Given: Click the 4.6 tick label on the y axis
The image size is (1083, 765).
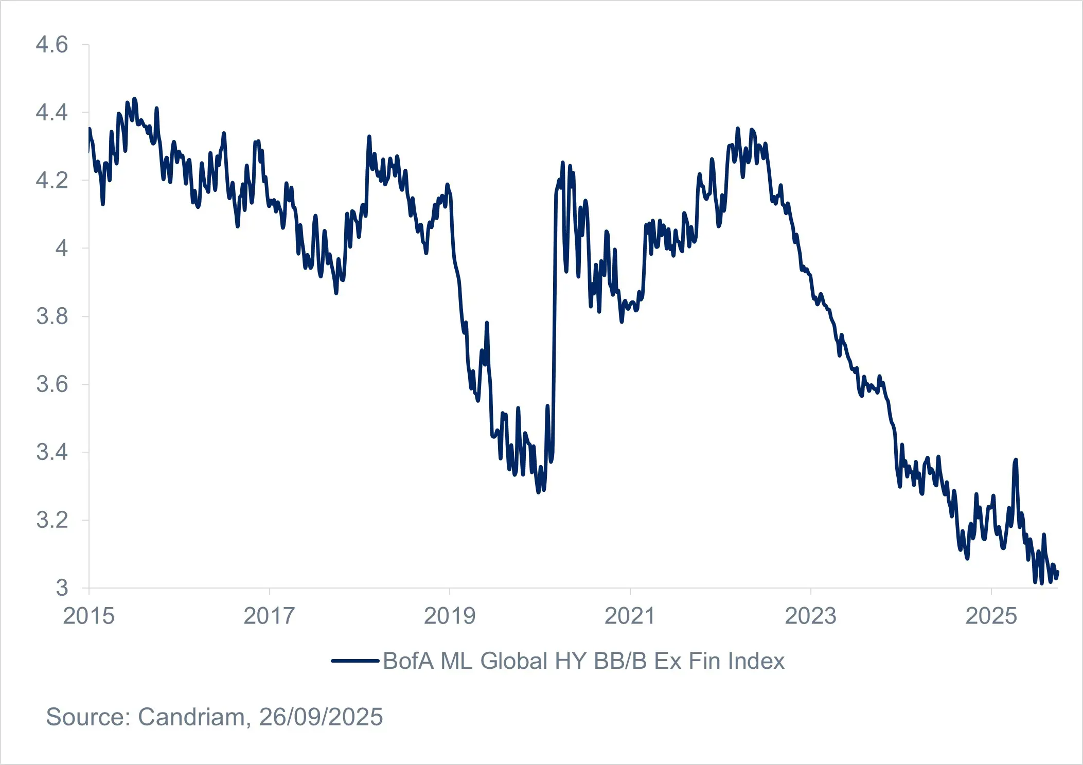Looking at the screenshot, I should click(x=51, y=45).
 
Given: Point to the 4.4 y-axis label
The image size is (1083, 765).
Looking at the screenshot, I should click(x=51, y=112).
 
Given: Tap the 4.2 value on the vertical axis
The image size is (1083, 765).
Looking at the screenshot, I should click(x=51, y=181).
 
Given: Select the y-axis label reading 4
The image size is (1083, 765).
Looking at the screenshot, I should click(x=61, y=248).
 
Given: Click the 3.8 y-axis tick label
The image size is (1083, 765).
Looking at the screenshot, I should click(x=51, y=316).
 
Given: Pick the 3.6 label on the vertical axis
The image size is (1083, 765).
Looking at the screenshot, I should click(x=51, y=384).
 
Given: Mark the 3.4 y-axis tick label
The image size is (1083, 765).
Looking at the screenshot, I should click(x=51, y=452).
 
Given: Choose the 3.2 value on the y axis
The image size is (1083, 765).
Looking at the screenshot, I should click(x=51, y=520).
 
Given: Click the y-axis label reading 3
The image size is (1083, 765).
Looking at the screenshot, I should click(x=62, y=588).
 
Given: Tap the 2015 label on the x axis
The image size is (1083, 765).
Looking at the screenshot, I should click(x=88, y=616).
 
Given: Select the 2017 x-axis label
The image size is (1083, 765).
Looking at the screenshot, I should click(x=269, y=616).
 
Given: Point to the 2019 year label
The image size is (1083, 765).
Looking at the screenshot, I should click(x=450, y=616).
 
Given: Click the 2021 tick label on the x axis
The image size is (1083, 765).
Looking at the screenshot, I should click(x=630, y=616).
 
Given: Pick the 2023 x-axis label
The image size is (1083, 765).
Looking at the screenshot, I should click(x=810, y=616).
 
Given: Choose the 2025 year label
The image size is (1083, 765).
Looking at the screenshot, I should click(x=991, y=616).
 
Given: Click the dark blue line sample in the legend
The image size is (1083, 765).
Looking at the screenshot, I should click(x=355, y=661).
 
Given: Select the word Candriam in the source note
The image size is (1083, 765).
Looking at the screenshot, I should click(x=191, y=717).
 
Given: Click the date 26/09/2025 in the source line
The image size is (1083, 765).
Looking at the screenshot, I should click(x=321, y=717).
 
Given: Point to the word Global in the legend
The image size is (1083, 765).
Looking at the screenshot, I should click(x=514, y=661).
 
